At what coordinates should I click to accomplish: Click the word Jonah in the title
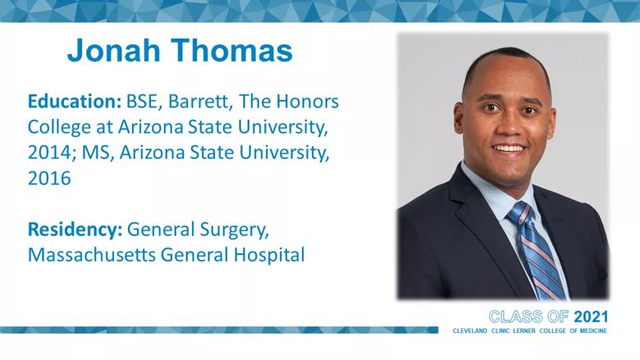click(x=114, y=50)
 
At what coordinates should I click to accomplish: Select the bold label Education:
click(x=75, y=102)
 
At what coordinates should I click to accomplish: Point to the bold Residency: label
click(x=75, y=229)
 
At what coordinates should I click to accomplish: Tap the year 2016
click(x=49, y=179)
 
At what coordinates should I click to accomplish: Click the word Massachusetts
click(x=92, y=255)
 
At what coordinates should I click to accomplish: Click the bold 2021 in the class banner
click(x=591, y=317)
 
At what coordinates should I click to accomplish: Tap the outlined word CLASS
click(x=515, y=317)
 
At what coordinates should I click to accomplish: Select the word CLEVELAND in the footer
click(x=470, y=330)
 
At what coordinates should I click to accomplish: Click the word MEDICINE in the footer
click(x=593, y=330)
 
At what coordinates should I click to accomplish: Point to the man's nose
click(x=510, y=126)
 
